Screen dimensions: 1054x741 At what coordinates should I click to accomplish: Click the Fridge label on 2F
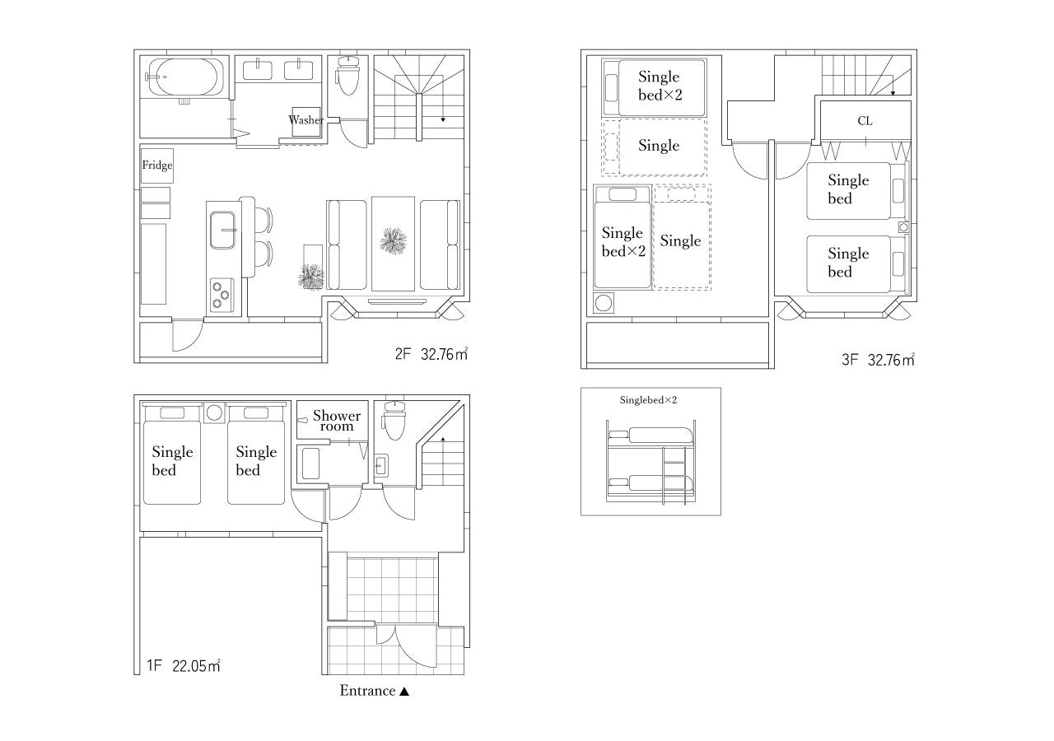(157, 165)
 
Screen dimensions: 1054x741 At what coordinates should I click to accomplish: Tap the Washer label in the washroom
(305, 120)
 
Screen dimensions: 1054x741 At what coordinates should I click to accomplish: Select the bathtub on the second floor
(184, 77)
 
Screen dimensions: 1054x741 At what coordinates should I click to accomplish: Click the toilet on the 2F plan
(347, 75)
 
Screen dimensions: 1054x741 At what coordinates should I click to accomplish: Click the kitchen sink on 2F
(222, 230)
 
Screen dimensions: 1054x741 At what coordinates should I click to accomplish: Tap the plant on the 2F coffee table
(394, 240)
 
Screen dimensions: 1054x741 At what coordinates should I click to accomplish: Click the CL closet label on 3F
(865, 121)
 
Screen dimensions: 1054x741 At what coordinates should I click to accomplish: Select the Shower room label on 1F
(337, 421)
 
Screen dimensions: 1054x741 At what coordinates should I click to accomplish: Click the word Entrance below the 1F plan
(367, 691)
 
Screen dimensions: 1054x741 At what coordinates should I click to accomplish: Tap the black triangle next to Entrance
(404, 692)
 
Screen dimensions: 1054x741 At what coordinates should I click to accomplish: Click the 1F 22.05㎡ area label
(184, 666)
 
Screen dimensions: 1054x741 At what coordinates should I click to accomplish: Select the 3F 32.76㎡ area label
(878, 360)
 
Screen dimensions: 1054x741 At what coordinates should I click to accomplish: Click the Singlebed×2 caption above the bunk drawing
(648, 400)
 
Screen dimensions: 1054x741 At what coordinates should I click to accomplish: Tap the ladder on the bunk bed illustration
(674, 475)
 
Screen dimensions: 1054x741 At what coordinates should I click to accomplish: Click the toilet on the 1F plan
(394, 420)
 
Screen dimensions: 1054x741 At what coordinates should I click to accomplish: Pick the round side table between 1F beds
(214, 413)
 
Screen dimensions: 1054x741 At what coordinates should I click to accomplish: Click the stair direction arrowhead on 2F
(443, 120)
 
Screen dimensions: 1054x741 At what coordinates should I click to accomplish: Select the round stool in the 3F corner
(604, 303)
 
